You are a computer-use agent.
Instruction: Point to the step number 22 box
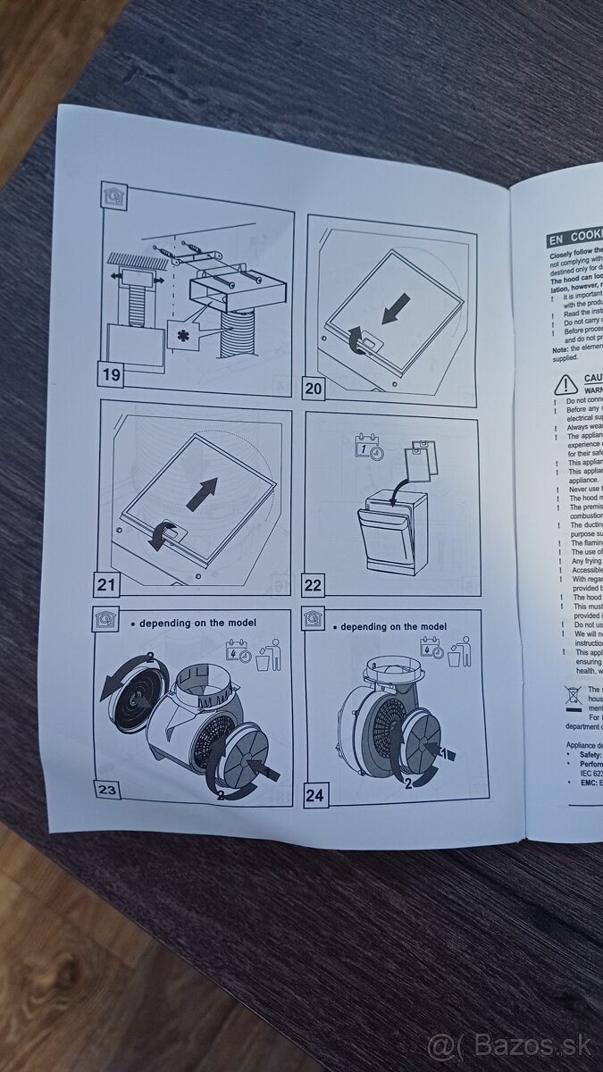315,584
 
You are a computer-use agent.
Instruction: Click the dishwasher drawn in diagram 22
390,537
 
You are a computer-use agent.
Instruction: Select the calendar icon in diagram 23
238,649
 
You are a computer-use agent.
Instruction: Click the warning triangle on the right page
565,385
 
